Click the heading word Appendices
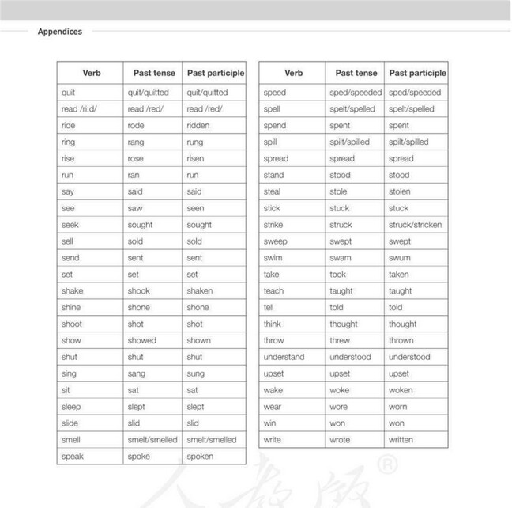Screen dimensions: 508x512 click(x=59, y=32)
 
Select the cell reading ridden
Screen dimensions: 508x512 click(x=199, y=126)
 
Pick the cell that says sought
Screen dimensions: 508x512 click(x=141, y=225)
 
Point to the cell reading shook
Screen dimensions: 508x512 click(x=138, y=290)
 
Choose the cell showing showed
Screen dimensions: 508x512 click(x=141, y=340)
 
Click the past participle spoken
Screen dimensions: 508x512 click(x=200, y=457)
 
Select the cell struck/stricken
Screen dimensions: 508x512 click(x=415, y=225)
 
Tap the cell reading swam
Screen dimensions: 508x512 click(x=340, y=258)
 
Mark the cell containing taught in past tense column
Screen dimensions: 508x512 click(x=341, y=291)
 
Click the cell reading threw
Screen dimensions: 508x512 click(x=340, y=340)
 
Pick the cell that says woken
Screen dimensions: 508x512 click(x=401, y=390)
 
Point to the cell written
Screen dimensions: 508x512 click(x=401, y=440)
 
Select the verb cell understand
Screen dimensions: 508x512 click(x=284, y=357)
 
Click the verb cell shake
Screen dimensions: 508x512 click(x=72, y=290)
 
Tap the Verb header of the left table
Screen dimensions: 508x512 click(x=92, y=73)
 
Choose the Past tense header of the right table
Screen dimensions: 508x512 click(x=356, y=73)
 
